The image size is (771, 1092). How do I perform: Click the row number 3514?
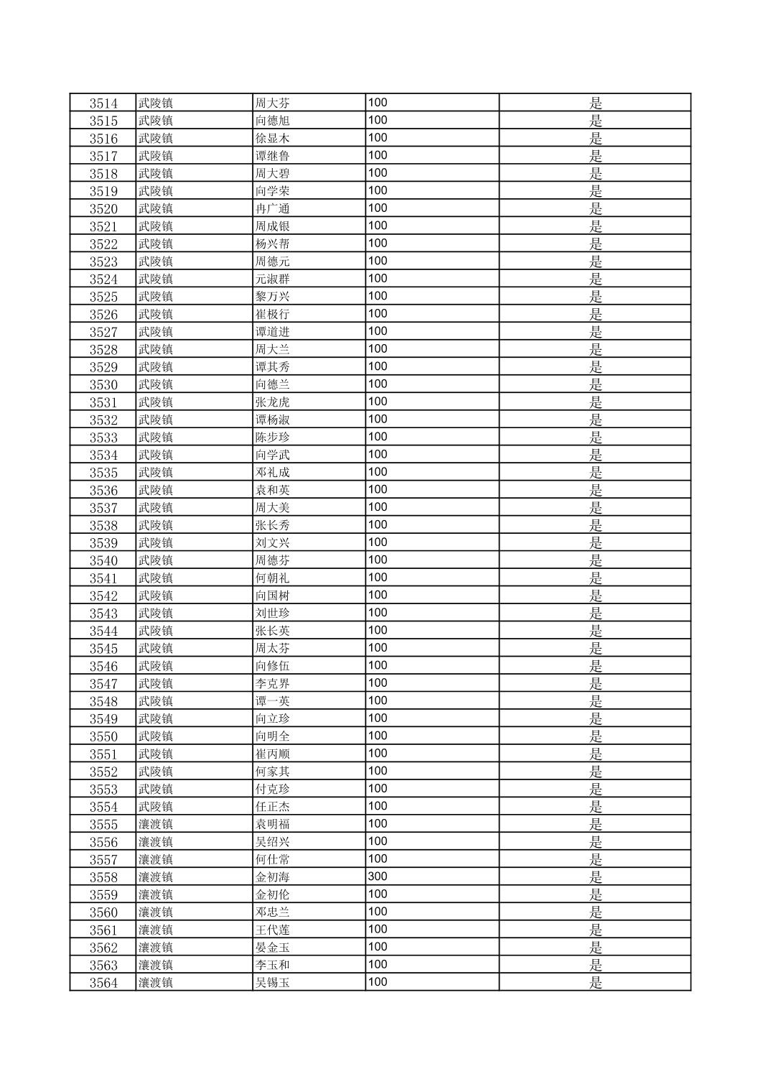103,103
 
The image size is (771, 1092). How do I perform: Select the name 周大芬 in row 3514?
272,103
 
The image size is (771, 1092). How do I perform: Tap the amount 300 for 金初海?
377,876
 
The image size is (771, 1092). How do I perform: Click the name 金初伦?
272,894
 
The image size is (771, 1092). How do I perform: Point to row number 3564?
103,983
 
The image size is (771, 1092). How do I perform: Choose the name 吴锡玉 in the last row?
272,983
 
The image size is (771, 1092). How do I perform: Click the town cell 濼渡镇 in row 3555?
155,824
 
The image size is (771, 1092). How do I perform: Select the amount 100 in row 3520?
377,208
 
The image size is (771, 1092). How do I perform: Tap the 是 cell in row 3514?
595,103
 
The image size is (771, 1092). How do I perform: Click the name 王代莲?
272,930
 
